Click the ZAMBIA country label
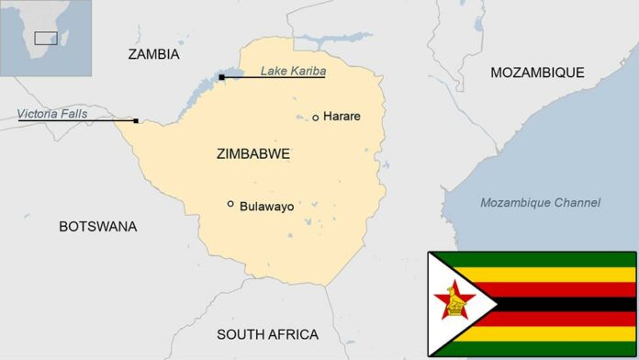tap(153, 54)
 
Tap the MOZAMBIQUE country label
tap(537, 72)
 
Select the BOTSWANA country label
tap(97, 226)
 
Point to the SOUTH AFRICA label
tap(268, 334)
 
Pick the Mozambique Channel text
tap(540, 202)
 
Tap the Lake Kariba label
tap(293, 70)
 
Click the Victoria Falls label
tap(54, 114)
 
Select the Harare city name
tap(342, 117)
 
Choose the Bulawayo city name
tap(266, 207)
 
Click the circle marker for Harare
tap(316, 118)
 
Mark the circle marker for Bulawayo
tap(230, 204)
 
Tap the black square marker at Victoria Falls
tap(136, 120)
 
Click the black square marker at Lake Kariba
tap(221, 77)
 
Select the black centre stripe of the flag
tap(569, 303)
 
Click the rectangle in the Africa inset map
tap(45, 38)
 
